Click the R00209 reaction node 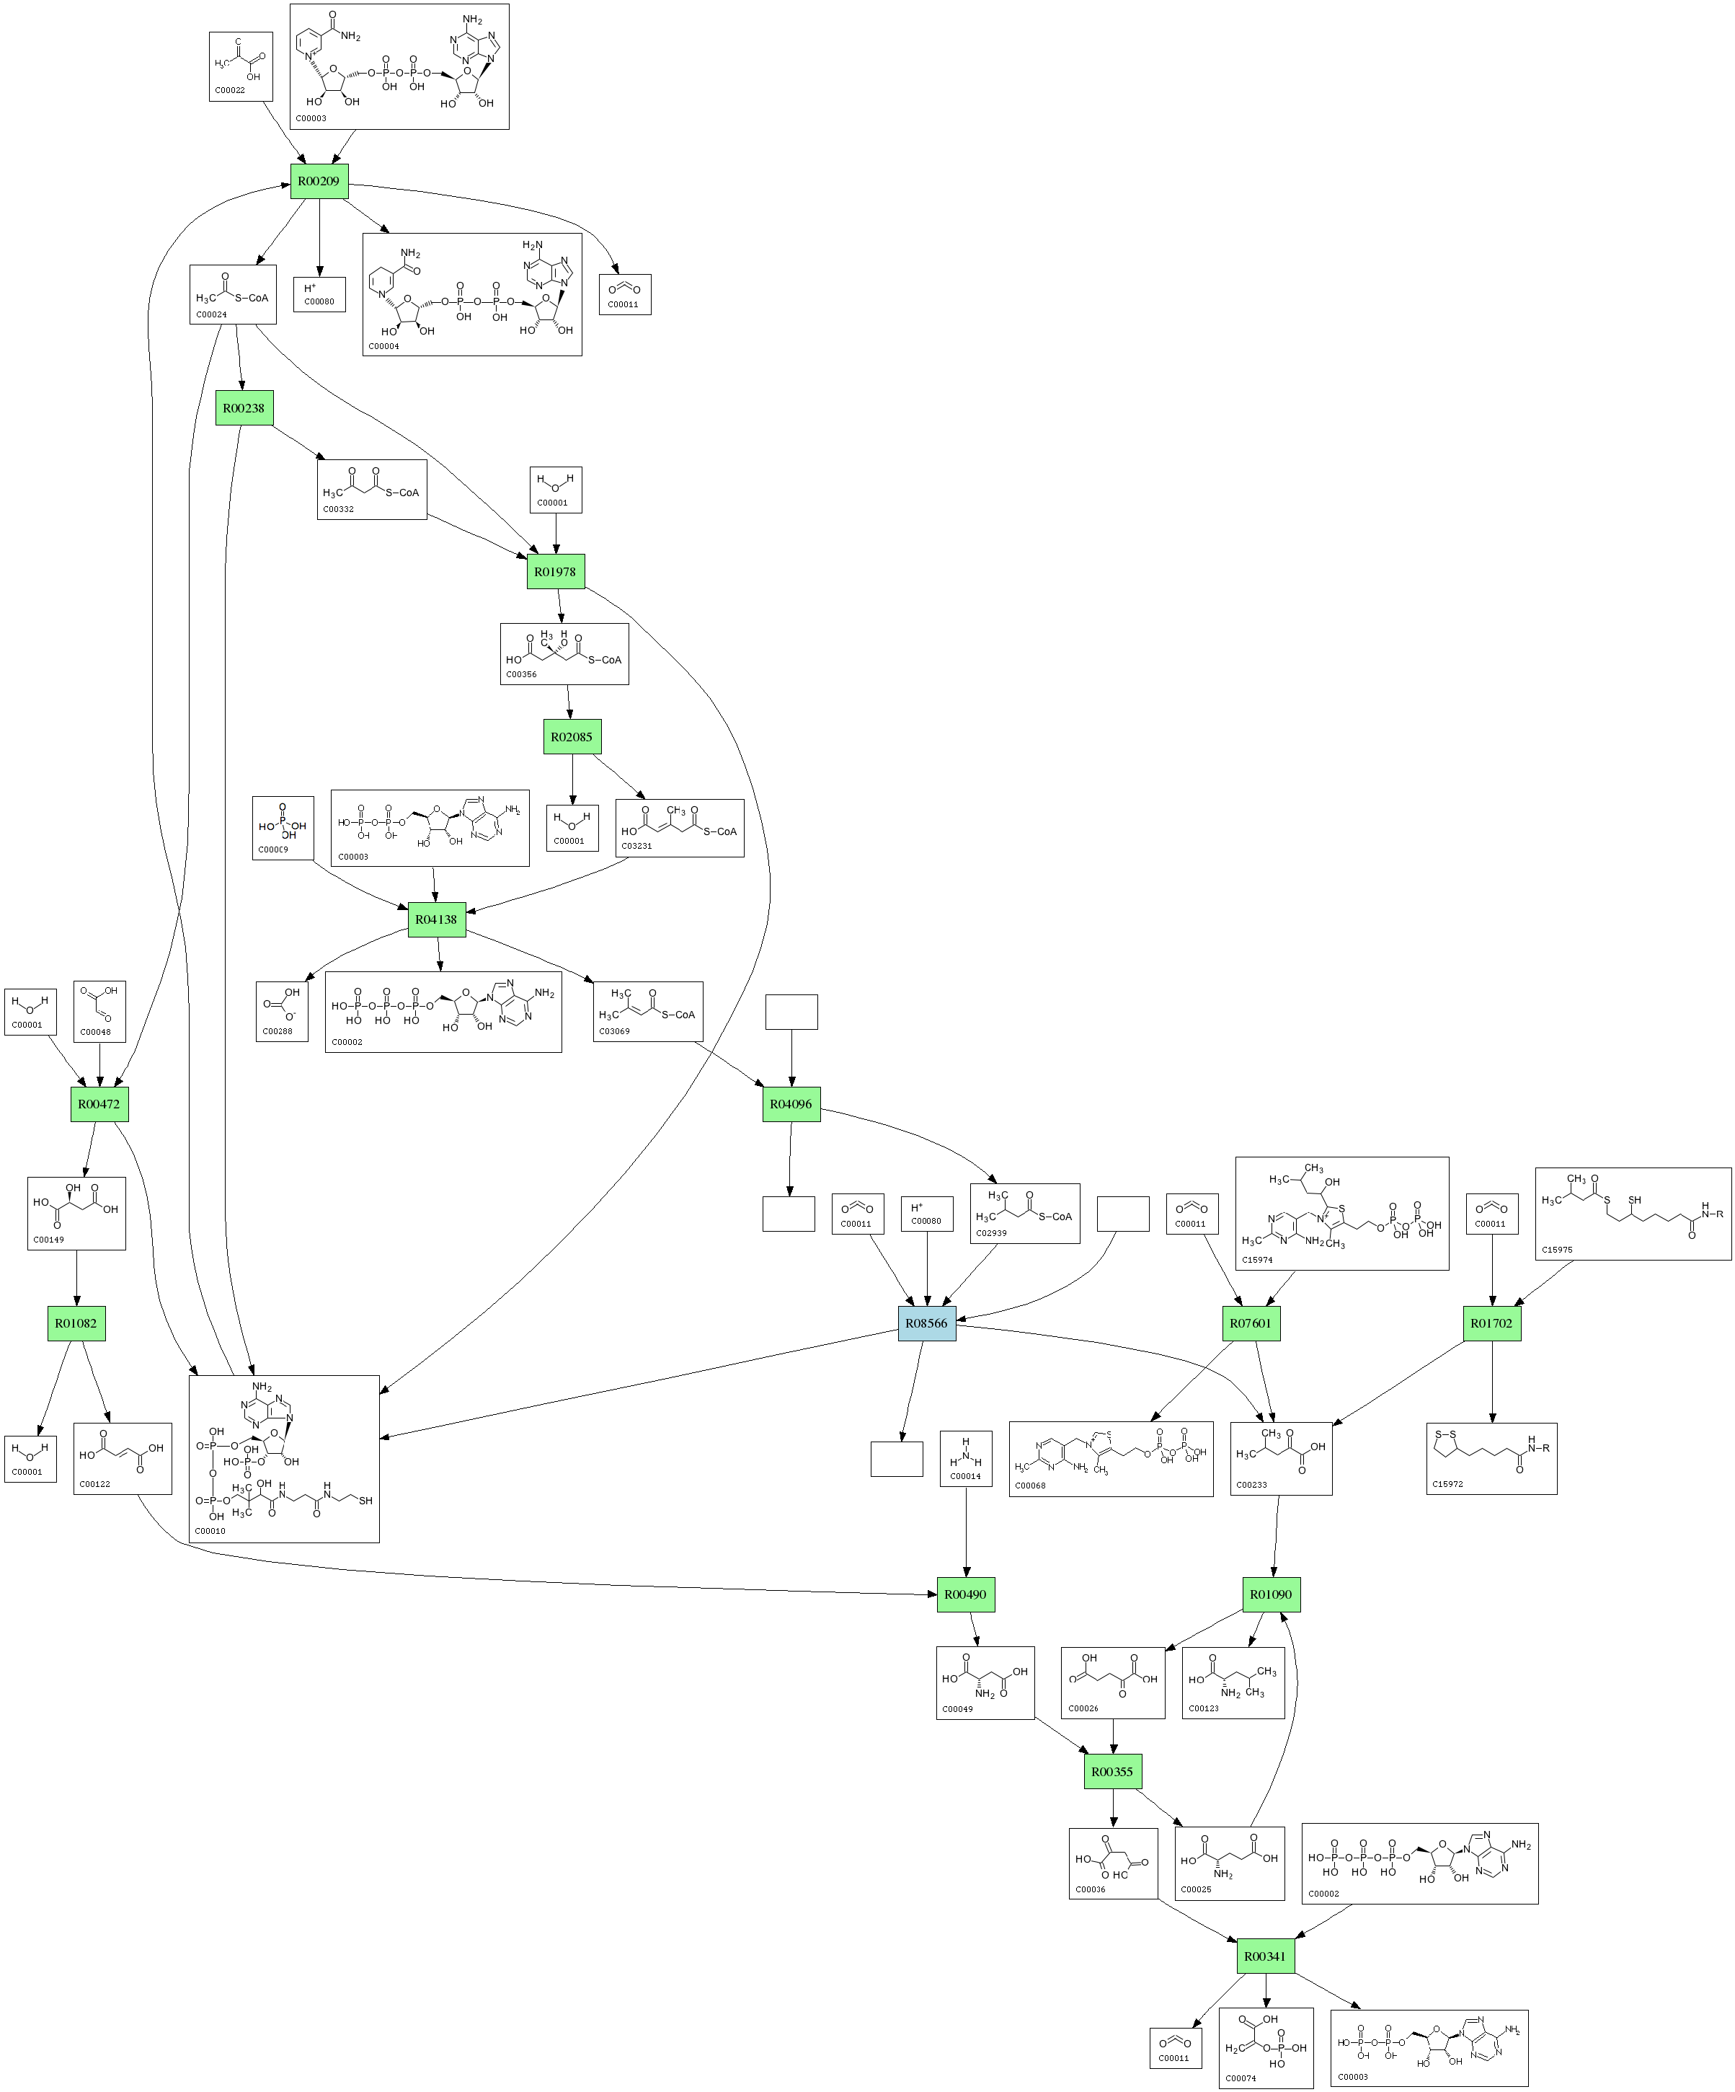coord(319,181)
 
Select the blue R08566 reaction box coord(926,1323)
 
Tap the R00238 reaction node coord(244,407)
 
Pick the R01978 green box coord(555,572)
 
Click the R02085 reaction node coord(572,737)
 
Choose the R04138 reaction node coord(436,919)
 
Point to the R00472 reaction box coord(99,1104)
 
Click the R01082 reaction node coord(76,1323)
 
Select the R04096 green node coord(791,1104)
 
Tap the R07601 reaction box coord(1251,1323)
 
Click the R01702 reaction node coord(1491,1323)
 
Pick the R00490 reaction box coord(965,1594)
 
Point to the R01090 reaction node coord(1271,1594)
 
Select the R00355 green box coord(1112,1771)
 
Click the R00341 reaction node coord(1265,1956)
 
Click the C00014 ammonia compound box coord(965,1458)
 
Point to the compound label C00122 coord(94,1484)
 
